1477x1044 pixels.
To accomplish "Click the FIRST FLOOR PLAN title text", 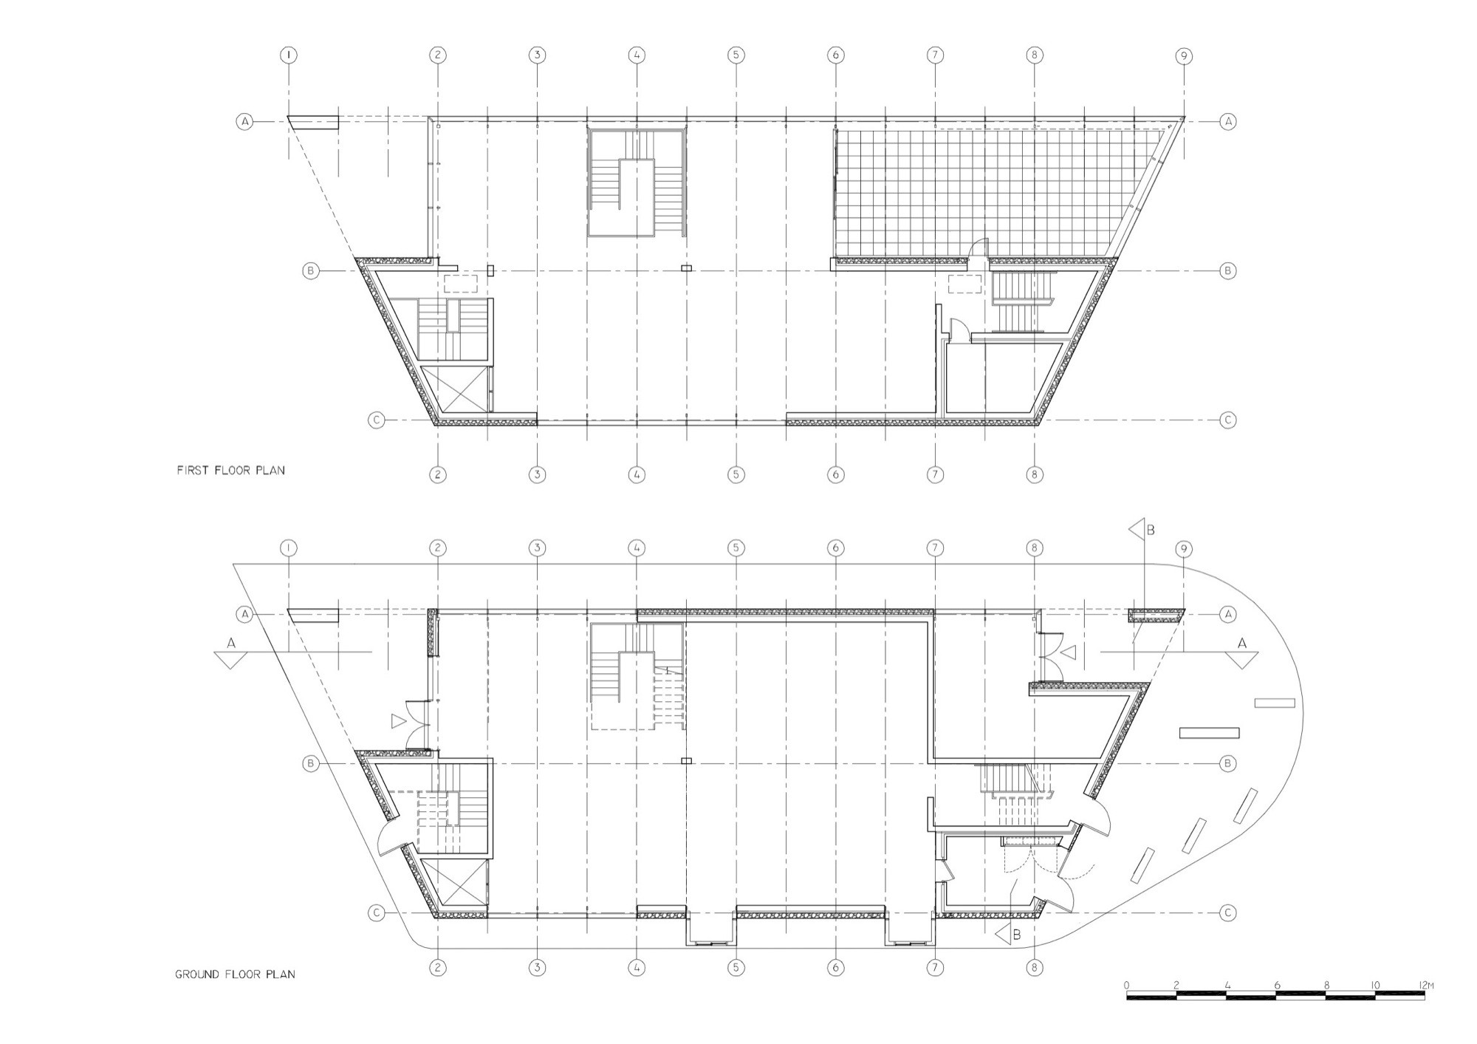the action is click(x=230, y=470).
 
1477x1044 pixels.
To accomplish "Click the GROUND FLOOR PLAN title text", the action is click(x=235, y=975).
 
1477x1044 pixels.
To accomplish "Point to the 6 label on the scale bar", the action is click(x=1277, y=985).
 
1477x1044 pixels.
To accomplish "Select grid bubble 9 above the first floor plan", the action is click(x=1184, y=55).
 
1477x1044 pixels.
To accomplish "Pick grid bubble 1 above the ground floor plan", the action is click(x=289, y=548).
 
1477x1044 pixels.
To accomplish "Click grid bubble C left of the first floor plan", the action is click(x=376, y=420).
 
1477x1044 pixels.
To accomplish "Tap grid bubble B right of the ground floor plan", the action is click(x=1227, y=763).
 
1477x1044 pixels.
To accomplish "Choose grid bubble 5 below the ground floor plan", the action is click(x=736, y=967).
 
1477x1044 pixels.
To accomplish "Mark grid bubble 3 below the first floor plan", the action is click(x=537, y=474).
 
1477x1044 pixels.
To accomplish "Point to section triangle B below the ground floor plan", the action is click(x=1004, y=934).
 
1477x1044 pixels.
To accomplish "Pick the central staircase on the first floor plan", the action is click(x=637, y=182).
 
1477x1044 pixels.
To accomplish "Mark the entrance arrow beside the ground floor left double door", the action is click(x=399, y=720).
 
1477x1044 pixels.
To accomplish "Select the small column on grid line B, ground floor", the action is click(x=686, y=760).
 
